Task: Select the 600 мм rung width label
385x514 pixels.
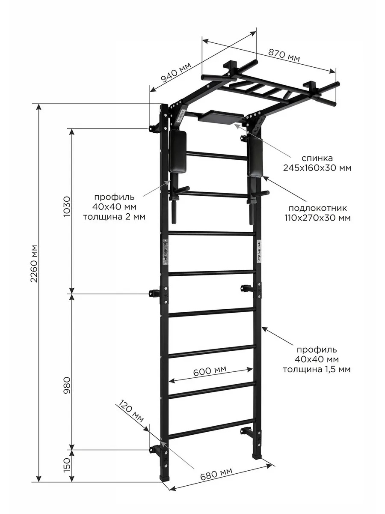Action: pos(210,370)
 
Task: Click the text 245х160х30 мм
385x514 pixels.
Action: pos(317,168)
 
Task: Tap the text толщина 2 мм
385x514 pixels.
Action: pos(114,217)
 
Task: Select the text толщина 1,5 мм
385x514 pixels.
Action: pos(317,369)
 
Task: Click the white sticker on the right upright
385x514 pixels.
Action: pos(259,251)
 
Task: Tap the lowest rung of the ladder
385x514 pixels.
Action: pos(212,429)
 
